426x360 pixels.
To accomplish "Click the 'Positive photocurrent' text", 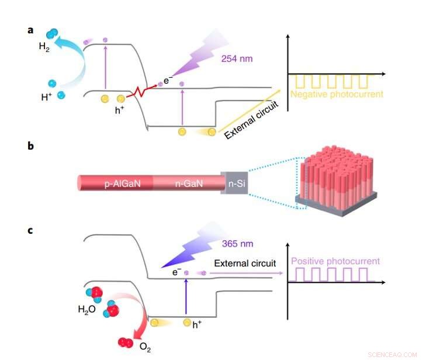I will click(335, 261).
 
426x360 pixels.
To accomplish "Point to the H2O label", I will click(86, 310).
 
